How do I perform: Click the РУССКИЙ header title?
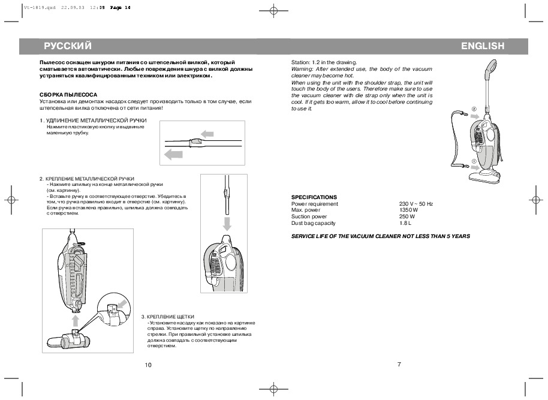[67, 46]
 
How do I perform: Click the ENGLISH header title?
[483, 46]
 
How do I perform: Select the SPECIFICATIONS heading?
[314, 197]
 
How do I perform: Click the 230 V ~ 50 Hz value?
[416, 204]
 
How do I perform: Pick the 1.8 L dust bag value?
[406, 223]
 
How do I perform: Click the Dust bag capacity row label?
[313, 223]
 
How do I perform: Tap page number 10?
[149, 365]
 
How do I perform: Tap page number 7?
[398, 364]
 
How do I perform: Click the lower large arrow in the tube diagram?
[173, 155]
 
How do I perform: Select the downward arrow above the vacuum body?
[227, 224]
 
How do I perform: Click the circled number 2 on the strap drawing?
[473, 109]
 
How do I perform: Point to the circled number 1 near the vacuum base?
[473, 161]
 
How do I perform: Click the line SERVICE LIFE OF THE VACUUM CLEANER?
[380, 236]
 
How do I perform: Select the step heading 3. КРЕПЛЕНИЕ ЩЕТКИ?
[168, 316]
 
